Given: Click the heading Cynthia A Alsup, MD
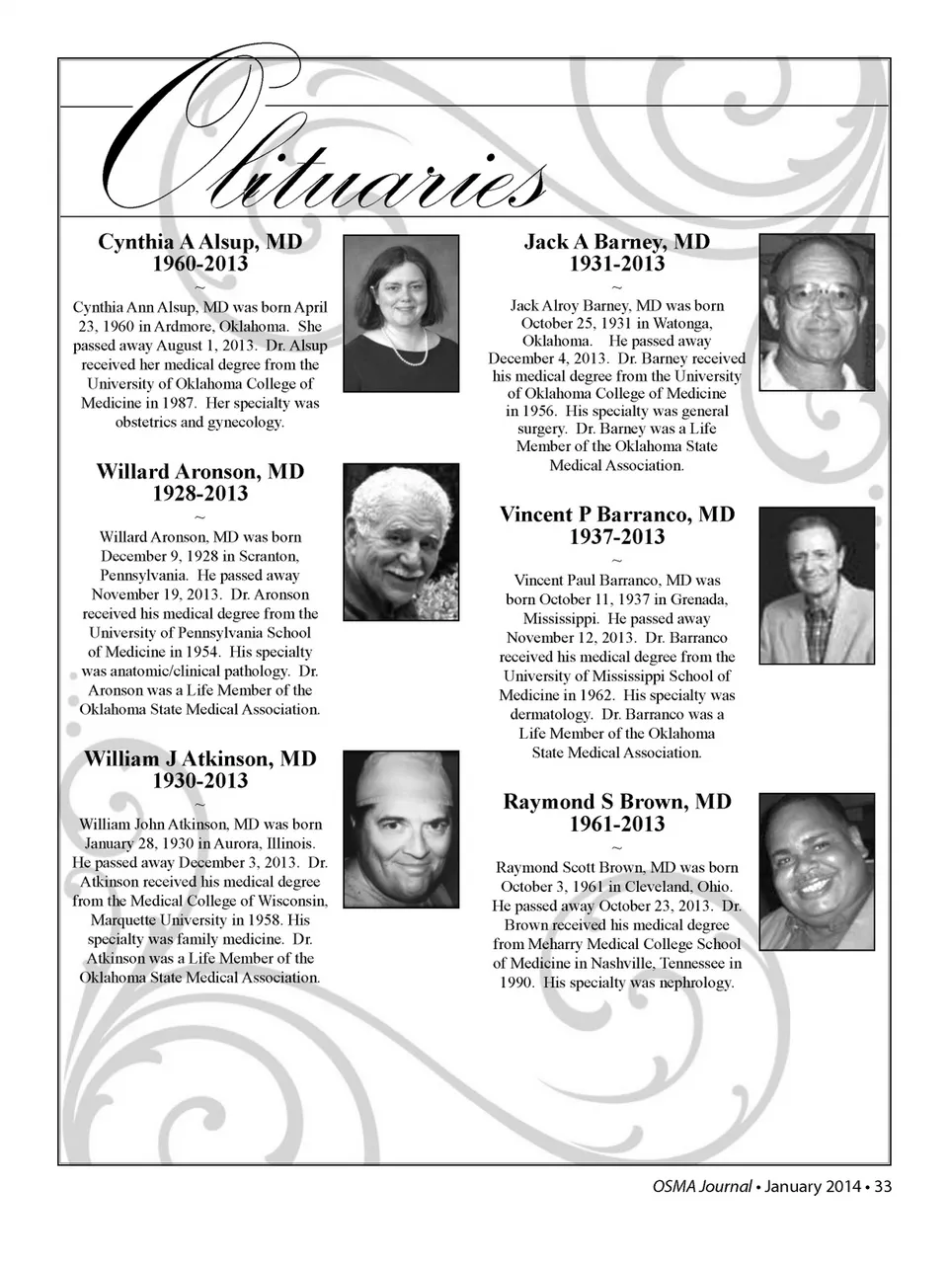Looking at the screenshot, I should [199, 242].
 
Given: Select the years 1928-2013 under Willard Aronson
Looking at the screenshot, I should [199, 494].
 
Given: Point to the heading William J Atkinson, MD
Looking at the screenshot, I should [199, 758].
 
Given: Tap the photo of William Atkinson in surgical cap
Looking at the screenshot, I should [400, 829].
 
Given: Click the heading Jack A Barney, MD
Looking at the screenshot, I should [616, 242].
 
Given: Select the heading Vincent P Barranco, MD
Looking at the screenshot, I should [616, 514].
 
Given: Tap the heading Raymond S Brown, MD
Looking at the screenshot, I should [616, 801].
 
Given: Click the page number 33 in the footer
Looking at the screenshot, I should [883, 1186].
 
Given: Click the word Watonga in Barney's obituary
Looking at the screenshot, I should [675, 323].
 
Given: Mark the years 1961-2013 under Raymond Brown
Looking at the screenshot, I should [616, 824].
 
